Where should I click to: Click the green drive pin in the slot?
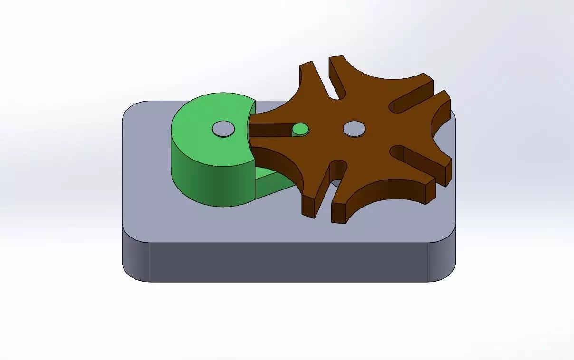[x=300, y=129]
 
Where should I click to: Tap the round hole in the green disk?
[x=223, y=129]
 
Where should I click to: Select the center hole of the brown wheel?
[x=354, y=128]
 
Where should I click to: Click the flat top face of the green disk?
[x=204, y=142]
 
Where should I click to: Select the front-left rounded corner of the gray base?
[x=136, y=261]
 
